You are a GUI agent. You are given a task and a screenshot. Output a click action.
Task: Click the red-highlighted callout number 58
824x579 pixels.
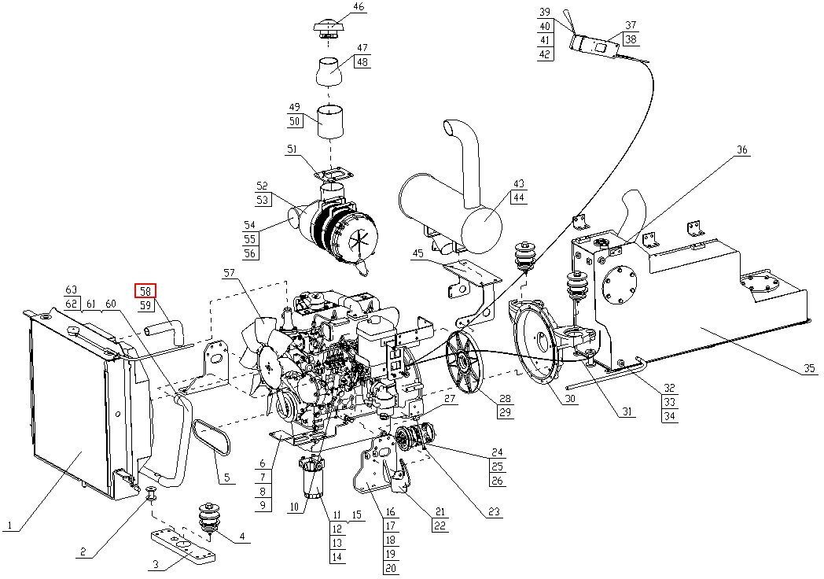pyautogui.click(x=145, y=291)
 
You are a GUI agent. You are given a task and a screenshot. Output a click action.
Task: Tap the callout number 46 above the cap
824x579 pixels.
pyautogui.click(x=359, y=7)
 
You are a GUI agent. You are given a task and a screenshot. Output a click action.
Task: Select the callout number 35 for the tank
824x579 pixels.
pyautogui.click(x=809, y=367)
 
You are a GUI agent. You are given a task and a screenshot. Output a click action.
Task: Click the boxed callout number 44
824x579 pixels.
pyautogui.click(x=519, y=197)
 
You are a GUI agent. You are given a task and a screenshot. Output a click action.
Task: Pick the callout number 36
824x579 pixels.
pyautogui.click(x=741, y=150)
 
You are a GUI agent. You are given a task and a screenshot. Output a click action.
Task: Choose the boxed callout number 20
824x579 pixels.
pyautogui.click(x=391, y=567)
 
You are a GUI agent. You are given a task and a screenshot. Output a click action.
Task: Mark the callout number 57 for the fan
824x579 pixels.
pyautogui.click(x=230, y=273)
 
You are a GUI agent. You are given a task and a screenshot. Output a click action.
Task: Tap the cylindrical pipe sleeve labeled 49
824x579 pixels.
pyautogui.click(x=330, y=122)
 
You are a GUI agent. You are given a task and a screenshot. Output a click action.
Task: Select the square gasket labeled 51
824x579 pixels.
pyautogui.click(x=333, y=172)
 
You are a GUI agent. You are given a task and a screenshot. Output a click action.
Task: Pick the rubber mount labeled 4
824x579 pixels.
pyautogui.click(x=209, y=521)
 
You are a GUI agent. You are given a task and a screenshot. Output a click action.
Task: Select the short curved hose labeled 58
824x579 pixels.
pyautogui.click(x=164, y=330)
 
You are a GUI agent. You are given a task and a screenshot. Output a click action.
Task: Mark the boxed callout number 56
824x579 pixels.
pyautogui.click(x=249, y=253)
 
